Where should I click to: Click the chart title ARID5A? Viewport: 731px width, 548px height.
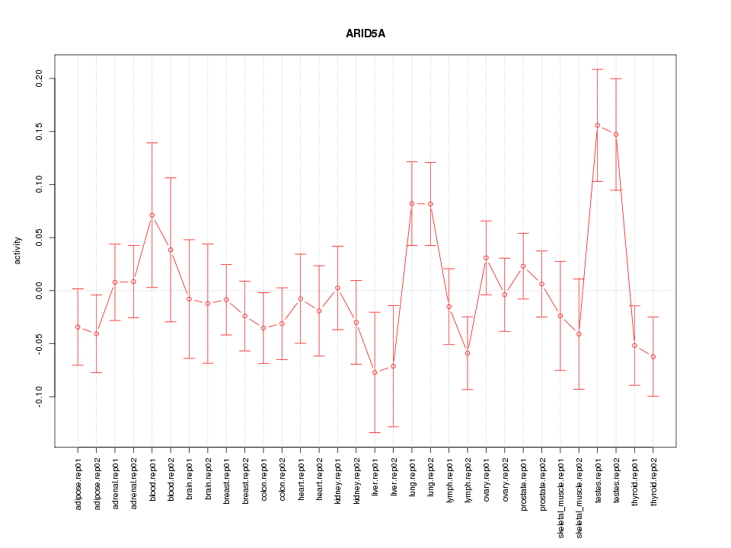coord(365,33)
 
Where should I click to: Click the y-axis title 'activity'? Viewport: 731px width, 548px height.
coord(18,250)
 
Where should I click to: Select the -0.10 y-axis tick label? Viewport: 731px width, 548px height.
coord(39,397)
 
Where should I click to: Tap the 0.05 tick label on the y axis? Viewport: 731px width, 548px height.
coord(39,237)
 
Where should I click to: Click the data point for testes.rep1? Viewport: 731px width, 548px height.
coord(597,126)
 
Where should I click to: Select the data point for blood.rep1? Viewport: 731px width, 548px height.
coord(152,215)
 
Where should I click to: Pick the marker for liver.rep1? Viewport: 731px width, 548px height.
coord(375,372)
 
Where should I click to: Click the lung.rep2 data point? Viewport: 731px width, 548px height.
coord(430,204)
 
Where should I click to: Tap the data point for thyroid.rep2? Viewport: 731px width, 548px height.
coord(653,357)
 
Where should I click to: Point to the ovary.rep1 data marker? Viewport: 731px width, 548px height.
coord(486,258)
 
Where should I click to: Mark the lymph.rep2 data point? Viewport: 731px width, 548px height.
coord(468,353)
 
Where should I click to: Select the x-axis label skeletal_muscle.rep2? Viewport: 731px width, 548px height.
coord(579,495)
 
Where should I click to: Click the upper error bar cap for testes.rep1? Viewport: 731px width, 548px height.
coord(597,69)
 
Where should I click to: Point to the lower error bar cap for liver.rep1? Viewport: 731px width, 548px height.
coord(375,432)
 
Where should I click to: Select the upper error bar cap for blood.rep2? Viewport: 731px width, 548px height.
coord(171,177)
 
